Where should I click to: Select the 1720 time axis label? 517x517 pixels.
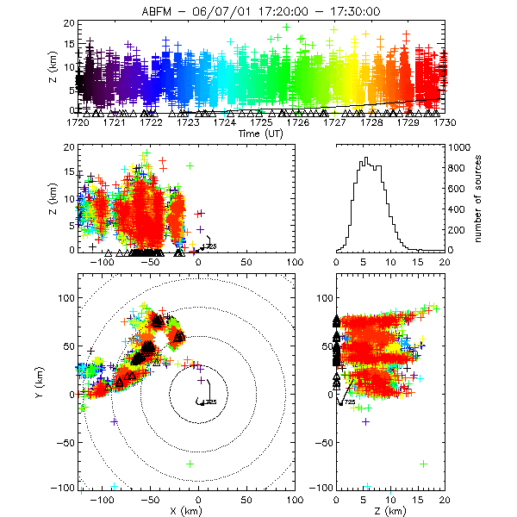78,121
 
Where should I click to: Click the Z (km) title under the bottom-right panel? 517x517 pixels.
390,512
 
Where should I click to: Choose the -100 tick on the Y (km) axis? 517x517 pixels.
62,488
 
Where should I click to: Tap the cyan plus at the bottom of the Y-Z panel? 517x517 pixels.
368,488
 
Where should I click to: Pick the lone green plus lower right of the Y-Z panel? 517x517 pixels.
424,464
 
